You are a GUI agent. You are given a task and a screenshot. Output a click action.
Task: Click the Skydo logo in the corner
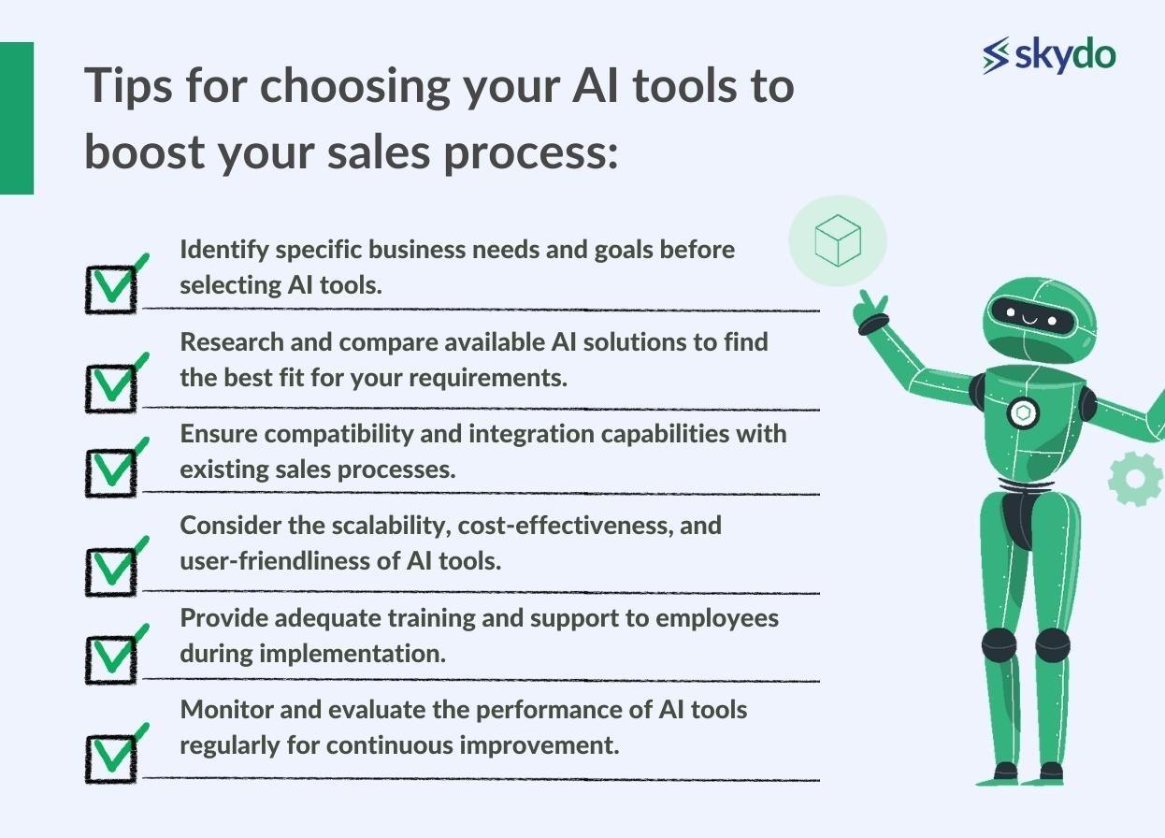tap(1049, 55)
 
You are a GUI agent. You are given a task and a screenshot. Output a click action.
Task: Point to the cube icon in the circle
tap(838, 240)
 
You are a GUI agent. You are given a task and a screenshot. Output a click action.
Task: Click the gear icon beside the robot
tap(1135, 479)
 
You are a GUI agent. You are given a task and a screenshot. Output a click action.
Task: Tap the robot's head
tap(1039, 319)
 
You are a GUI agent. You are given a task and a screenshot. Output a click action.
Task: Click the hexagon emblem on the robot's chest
tap(1023, 413)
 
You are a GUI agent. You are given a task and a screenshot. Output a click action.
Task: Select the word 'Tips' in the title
tap(128, 86)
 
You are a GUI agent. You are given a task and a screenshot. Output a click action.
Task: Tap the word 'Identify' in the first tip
tap(224, 251)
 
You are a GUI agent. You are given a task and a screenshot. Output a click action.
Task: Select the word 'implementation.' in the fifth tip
tap(352, 654)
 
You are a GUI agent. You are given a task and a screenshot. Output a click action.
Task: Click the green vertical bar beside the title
tap(17, 118)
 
